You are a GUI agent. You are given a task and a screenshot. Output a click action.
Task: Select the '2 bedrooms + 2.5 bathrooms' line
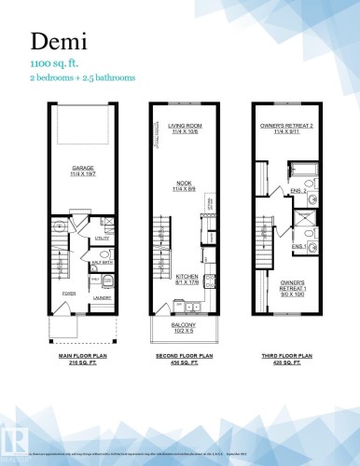pyautogui.click(x=80, y=78)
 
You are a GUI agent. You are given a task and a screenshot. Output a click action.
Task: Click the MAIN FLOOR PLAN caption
pyautogui.click(x=72, y=356)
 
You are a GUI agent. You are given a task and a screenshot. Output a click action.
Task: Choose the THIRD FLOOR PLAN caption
pyautogui.click(x=286, y=356)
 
